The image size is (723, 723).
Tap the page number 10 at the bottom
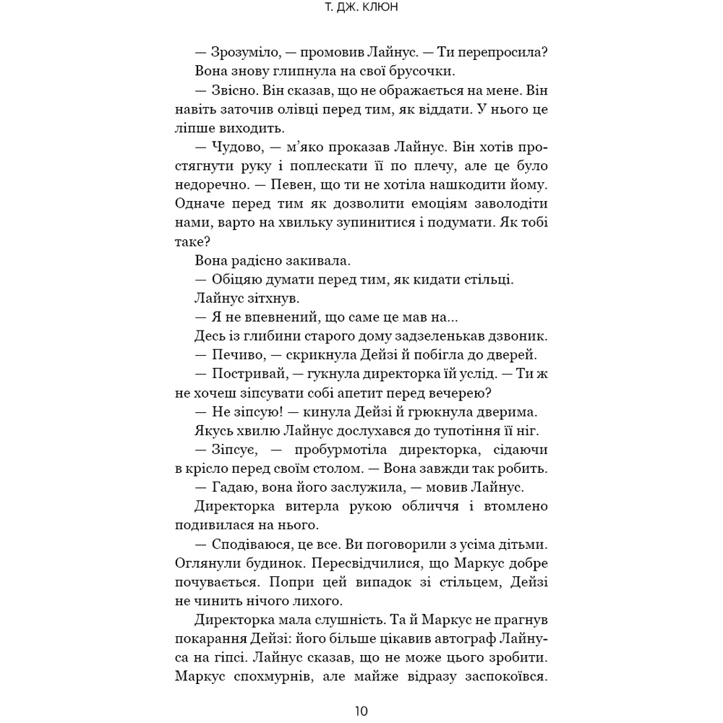coord(361,711)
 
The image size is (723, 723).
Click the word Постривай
coord(252,374)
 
